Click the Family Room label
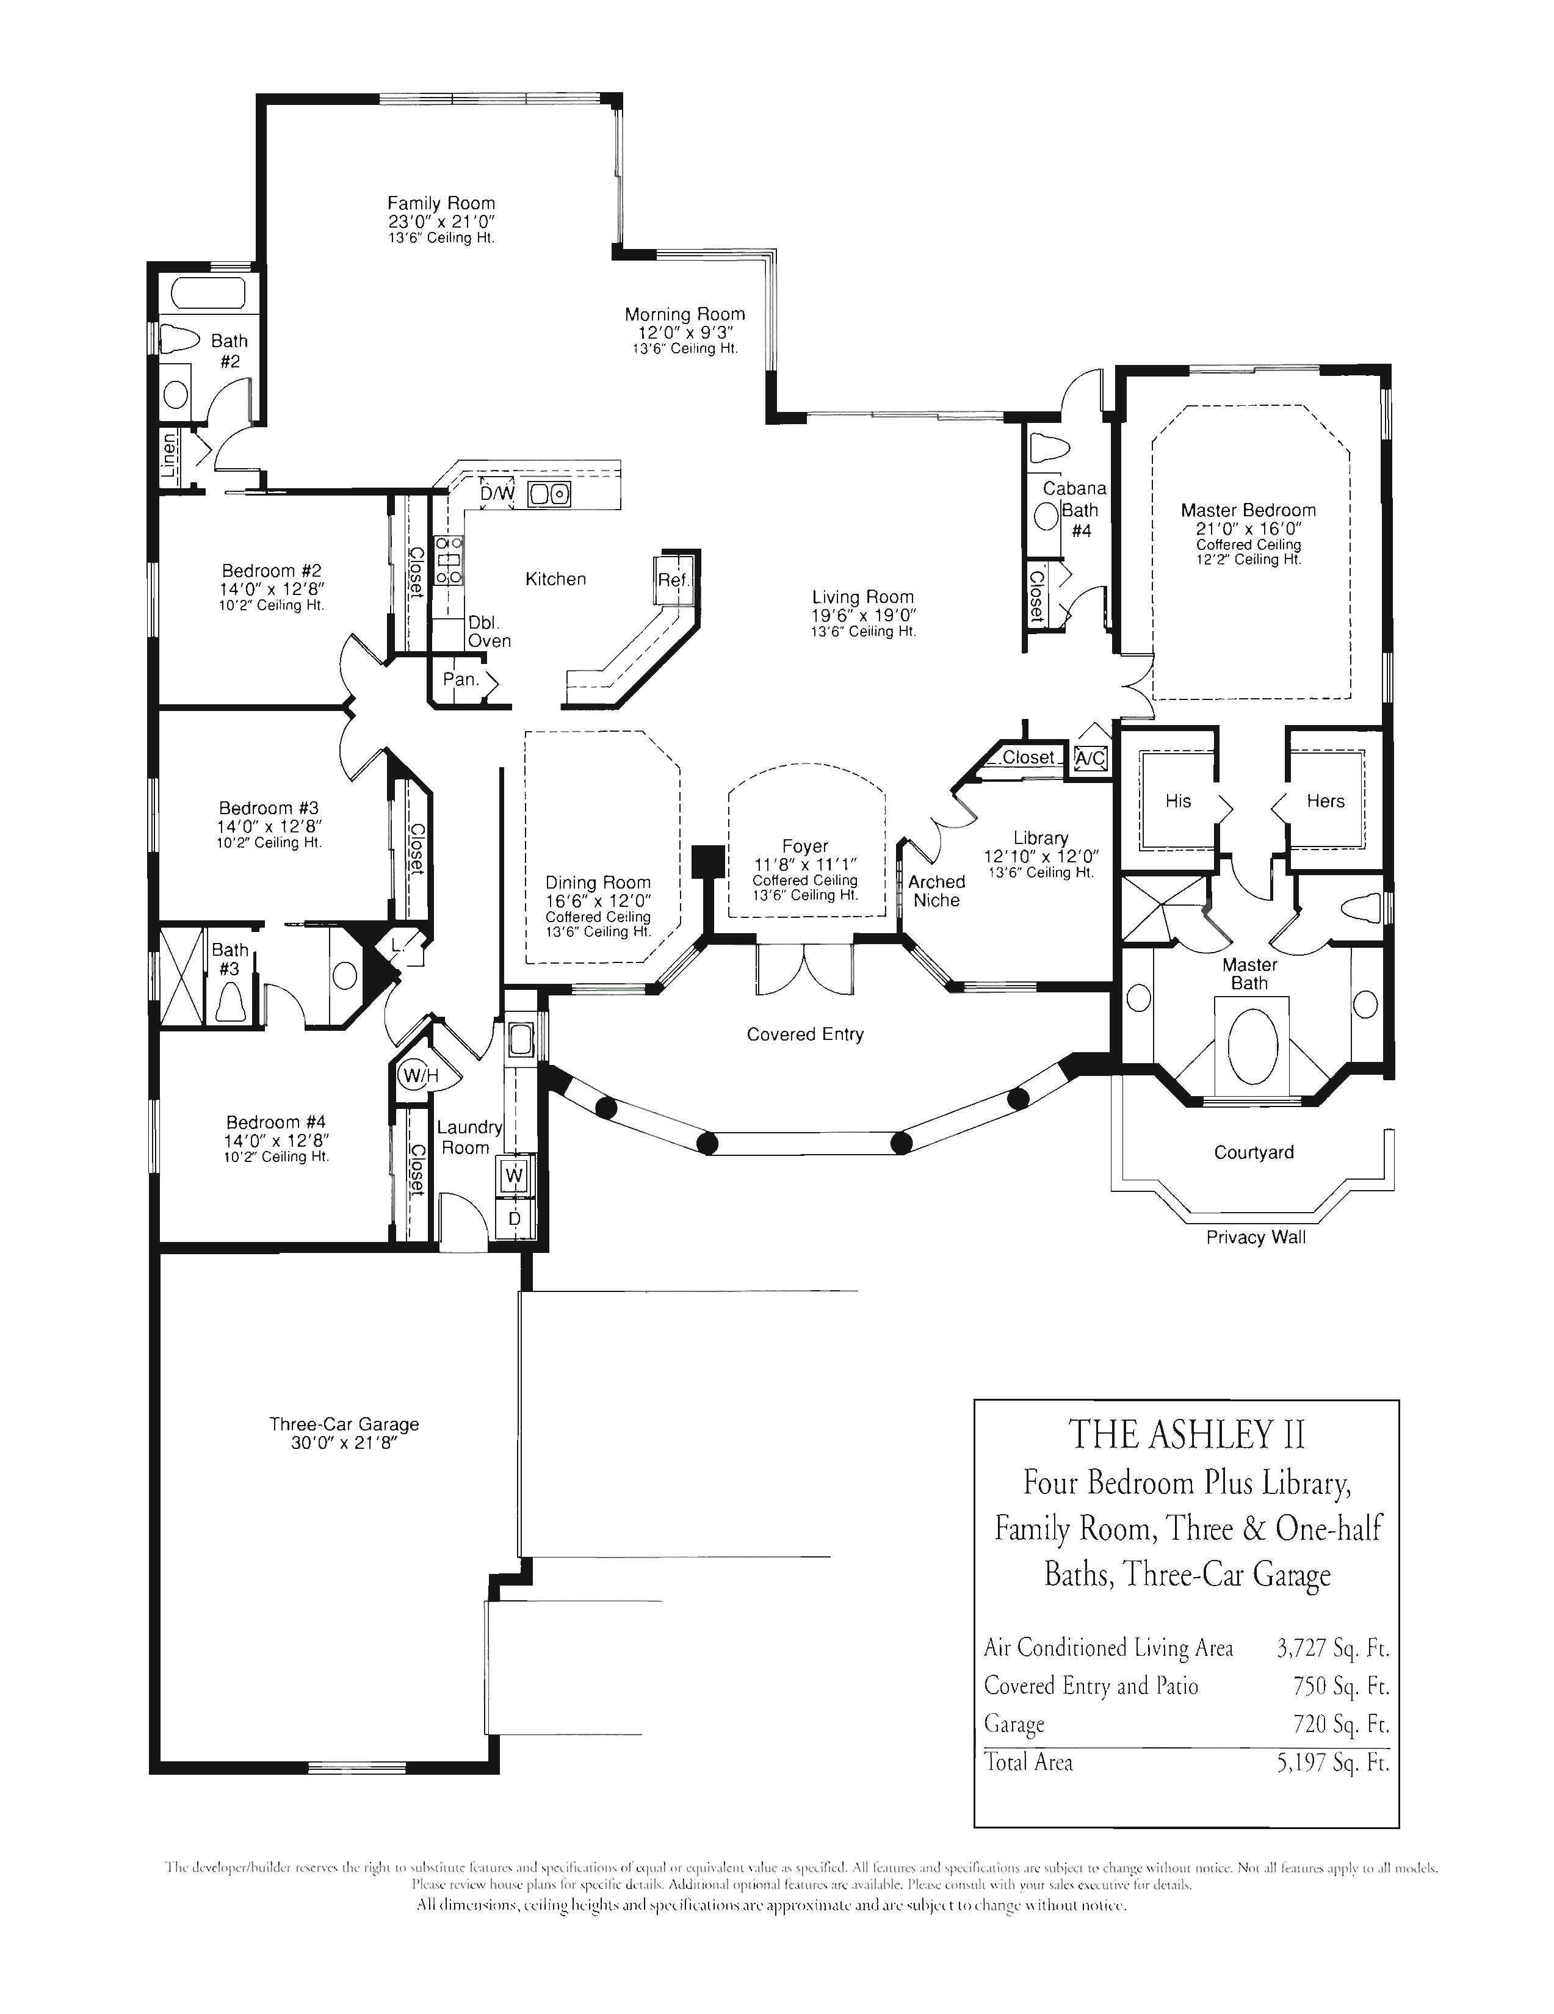(x=441, y=203)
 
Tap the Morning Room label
(x=684, y=314)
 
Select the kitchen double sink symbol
(x=549, y=494)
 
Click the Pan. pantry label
(x=460, y=680)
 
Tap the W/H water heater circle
(x=417, y=1075)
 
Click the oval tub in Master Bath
(x=1251, y=1045)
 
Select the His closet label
(x=1178, y=801)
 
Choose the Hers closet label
(x=1325, y=801)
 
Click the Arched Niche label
(x=936, y=891)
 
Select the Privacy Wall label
(x=1256, y=1238)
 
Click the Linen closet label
(x=170, y=455)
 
